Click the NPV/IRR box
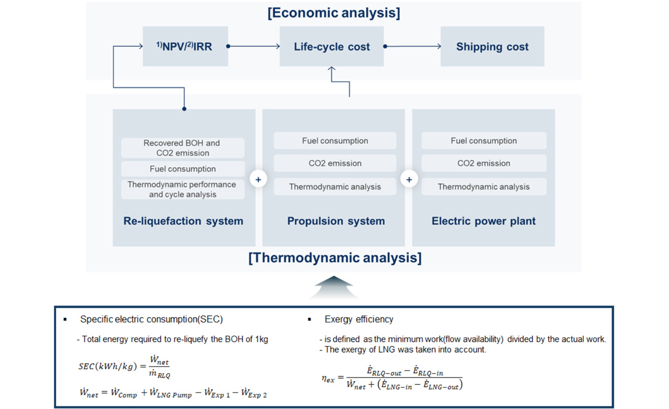point(185,47)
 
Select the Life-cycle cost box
point(331,47)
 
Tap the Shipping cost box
point(492,47)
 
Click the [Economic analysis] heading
point(334,13)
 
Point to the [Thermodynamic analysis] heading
point(335,257)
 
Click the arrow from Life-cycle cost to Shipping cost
point(413,47)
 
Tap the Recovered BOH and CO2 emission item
point(183,148)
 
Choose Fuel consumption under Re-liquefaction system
point(183,169)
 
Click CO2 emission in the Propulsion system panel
point(335,163)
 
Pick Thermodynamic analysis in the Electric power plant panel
point(483,187)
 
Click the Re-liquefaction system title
point(183,221)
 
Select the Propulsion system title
point(336,221)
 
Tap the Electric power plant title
point(483,221)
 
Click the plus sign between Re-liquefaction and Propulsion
point(258,180)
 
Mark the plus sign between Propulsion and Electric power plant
point(409,180)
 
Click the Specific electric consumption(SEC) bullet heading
point(151,319)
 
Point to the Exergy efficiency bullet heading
point(359,319)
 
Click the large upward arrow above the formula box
point(333,287)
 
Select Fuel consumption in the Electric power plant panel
point(483,141)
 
